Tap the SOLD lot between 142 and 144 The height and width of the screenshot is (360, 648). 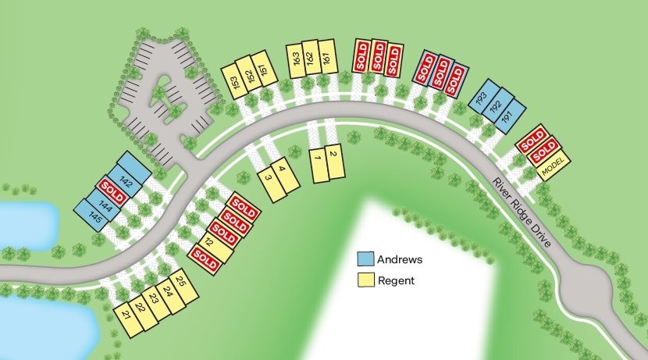click(x=112, y=191)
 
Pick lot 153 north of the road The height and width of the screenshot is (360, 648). click(x=235, y=83)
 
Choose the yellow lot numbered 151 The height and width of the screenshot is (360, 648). click(x=265, y=70)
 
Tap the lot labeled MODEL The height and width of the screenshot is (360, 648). click(x=553, y=166)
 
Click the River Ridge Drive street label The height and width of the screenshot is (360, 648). click(x=522, y=214)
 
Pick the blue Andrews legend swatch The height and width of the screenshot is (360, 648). click(x=365, y=259)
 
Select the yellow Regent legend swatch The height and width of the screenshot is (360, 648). click(x=365, y=280)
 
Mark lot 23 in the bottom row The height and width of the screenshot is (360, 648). click(x=154, y=300)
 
